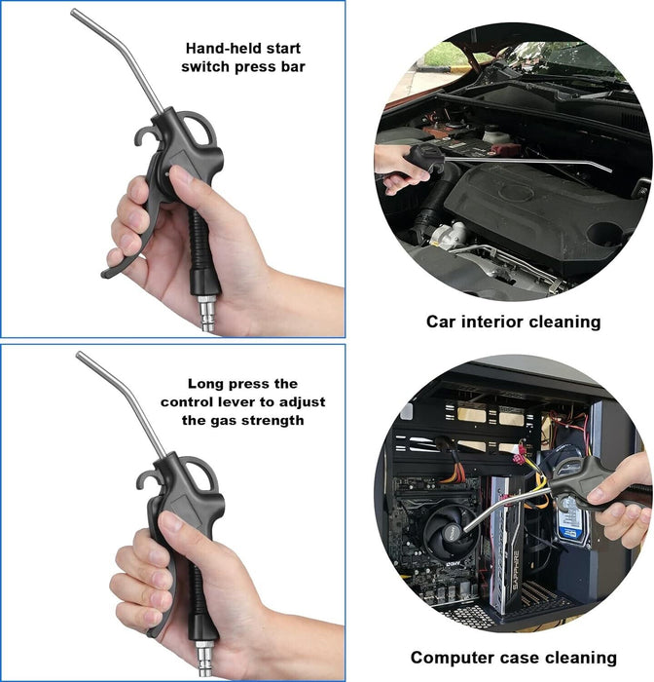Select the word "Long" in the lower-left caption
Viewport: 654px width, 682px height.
(x=205, y=385)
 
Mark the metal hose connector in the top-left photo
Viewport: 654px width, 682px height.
(x=206, y=313)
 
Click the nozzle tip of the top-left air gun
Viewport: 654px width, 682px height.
(x=74, y=12)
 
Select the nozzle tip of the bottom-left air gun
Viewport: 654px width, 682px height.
(x=80, y=355)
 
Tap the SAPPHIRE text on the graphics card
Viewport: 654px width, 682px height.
(x=515, y=571)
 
